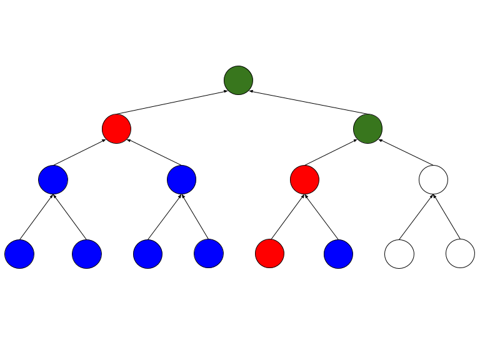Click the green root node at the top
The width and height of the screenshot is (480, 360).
tap(238, 80)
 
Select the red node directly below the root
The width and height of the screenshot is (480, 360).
tap(116, 129)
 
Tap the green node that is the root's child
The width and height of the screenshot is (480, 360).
tap(367, 129)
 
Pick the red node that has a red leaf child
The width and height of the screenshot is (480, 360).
tap(304, 180)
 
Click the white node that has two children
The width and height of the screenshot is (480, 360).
tap(433, 180)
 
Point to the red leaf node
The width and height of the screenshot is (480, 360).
tap(269, 254)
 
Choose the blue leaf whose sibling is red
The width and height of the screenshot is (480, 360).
tap(338, 254)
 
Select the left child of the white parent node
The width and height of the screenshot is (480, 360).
tap(399, 254)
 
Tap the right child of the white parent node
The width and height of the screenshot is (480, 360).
tap(460, 254)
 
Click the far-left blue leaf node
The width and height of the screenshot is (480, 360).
tap(19, 254)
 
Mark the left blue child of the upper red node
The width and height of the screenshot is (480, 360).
tap(53, 180)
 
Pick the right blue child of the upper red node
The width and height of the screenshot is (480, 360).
tap(181, 180)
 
